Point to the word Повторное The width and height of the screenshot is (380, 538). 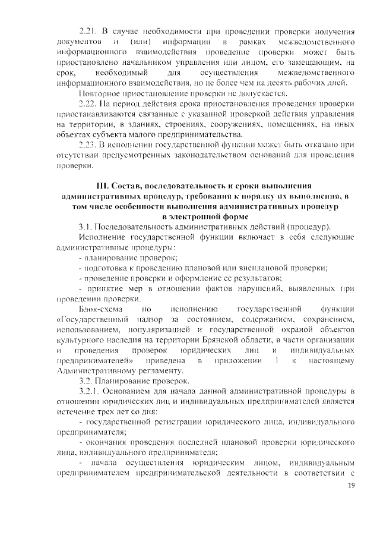pos(100,93)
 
